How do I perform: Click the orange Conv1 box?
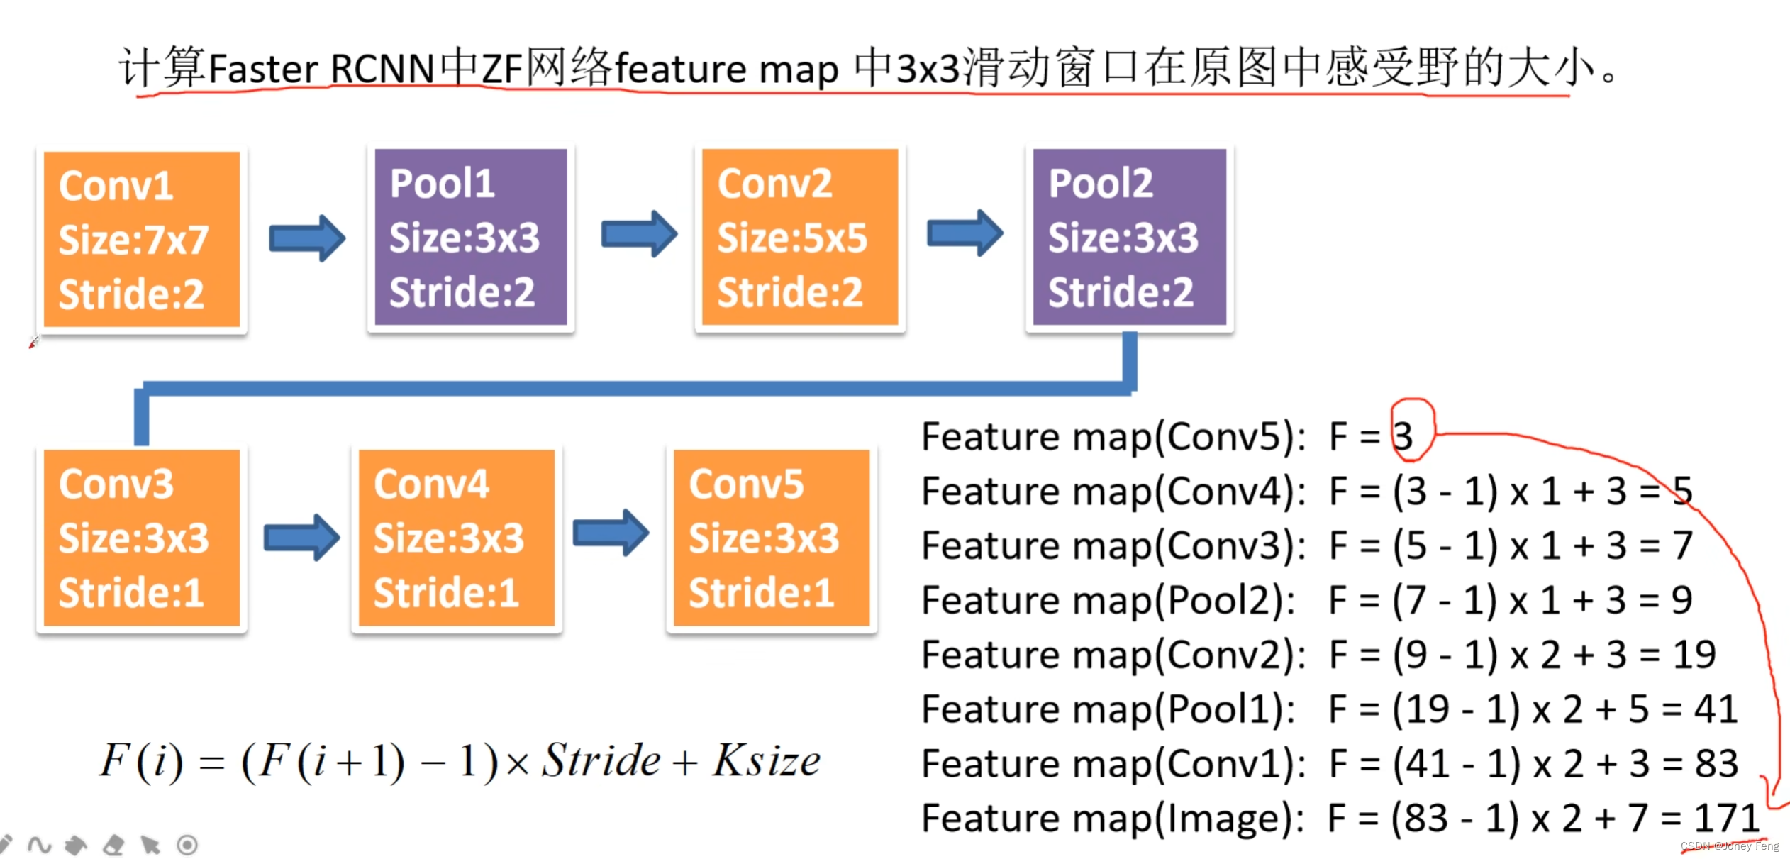(x=142, y=240)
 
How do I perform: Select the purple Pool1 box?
(x=470, y=237)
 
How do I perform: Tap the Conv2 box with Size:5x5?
(x=799, y=237)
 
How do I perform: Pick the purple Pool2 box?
(x=1129, y=237)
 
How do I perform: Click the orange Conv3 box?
(x=142, y=538)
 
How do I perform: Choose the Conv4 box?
(x=456, y=538)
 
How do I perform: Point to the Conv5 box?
(x=771, y=538)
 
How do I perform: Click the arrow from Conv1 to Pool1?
(x=307, y=238)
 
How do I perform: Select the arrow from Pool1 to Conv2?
(x=639, y=234)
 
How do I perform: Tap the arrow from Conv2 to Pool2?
(x=965, y=233)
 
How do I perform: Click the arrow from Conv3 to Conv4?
(x=301, y=538)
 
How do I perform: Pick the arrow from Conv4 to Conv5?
(x=611, y=533)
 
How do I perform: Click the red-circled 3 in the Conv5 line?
(x=1403, y=436)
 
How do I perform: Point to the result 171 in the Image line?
(x=1727, y=818)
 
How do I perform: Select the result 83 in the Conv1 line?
(x=1716, y=764)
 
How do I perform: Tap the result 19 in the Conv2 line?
(x=1694, y=655)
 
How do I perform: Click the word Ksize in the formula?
(x=766, y=761)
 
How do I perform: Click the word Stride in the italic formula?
(x=601, y=761)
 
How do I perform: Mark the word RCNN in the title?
(x=382, y=70)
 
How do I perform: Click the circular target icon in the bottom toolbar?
(x=187, y=845)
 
